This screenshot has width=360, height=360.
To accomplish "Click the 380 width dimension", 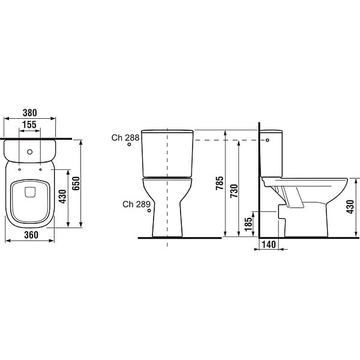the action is [30, 113].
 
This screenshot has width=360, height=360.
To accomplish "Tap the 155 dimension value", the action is [29, 125].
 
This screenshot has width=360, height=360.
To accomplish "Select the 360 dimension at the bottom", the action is [31, 235].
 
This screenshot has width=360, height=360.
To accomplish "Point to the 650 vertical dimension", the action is [76, 184].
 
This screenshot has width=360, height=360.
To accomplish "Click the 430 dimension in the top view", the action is [62, 197].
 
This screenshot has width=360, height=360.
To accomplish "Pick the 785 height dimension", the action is [220, 183].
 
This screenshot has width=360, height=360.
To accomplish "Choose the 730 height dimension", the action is [234, 191].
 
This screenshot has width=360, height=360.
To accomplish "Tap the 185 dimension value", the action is [248, 224].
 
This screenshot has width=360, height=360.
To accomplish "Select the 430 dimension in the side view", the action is [350, 207].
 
